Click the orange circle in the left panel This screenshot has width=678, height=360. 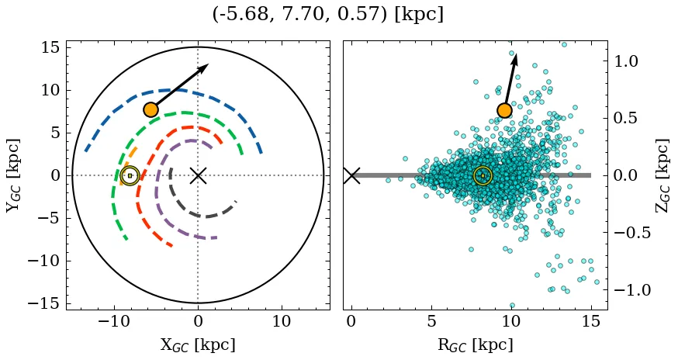click(150, 109)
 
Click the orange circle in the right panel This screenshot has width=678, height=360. click(504, 110)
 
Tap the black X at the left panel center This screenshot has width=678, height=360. click(198, 175)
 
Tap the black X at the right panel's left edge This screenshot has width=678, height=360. click(351, 175)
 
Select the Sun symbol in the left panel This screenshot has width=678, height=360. click(130, 175)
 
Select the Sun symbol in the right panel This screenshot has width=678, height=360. click(483, 175)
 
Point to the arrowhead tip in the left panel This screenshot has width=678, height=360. click(208, 65)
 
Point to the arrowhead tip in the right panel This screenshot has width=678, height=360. click(516, 54)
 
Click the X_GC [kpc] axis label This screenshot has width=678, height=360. click(197, 344)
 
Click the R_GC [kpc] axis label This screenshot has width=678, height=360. click(475, 344)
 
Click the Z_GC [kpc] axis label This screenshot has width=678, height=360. click(662, 175)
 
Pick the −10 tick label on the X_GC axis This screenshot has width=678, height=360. click(112, 321)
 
